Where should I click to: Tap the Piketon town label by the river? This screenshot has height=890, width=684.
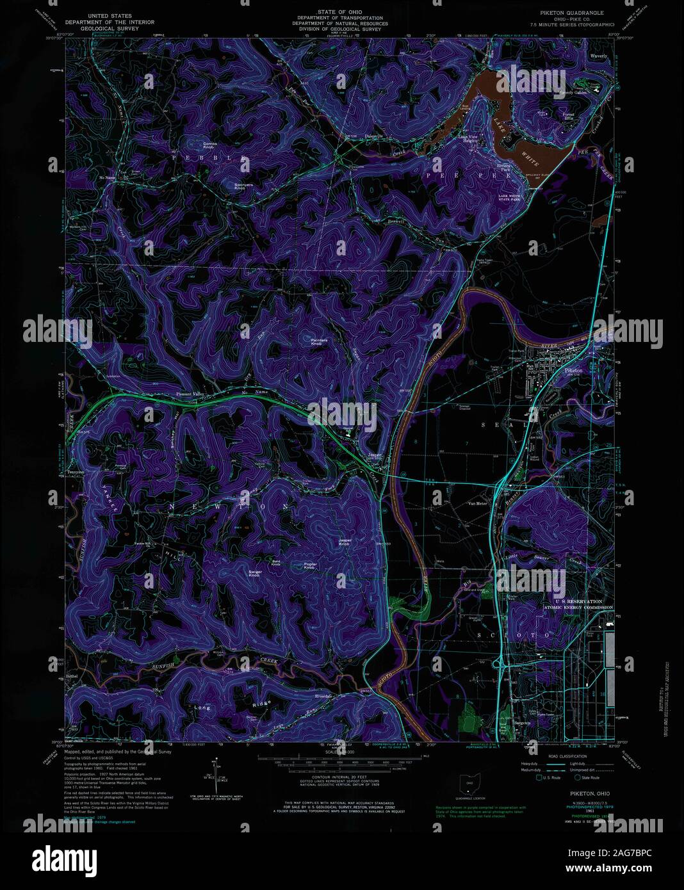(574, 371)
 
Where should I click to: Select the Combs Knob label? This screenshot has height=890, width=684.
(210, 145)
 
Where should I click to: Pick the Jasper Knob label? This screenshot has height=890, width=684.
(345, 542)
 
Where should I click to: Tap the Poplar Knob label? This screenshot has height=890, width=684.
(310, 566)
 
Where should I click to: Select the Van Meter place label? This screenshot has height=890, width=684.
(478, 503)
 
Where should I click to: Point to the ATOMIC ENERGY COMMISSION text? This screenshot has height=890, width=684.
(578, 608)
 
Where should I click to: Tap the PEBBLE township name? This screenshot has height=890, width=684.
(208, 156)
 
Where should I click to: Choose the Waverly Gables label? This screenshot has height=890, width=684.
(572, 93)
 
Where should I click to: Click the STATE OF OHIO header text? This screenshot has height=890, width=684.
(339, 12)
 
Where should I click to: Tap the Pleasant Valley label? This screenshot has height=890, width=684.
(184, 394)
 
